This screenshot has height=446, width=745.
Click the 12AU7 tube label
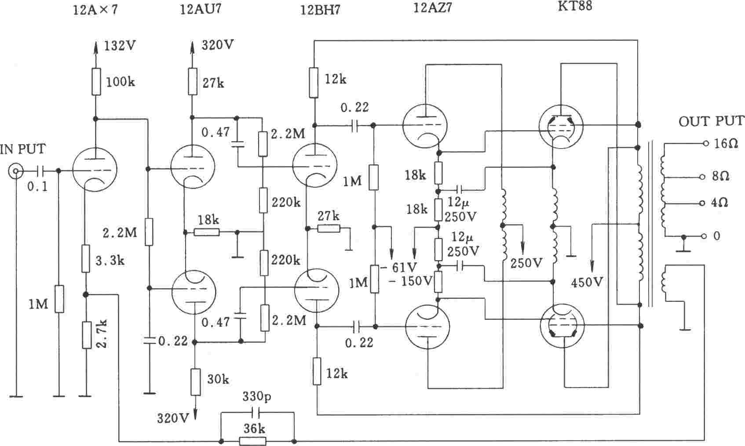click(x=201, y=9)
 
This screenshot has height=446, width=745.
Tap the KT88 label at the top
click(x=575, y=6)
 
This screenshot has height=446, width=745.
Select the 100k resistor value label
click(x=121, y=82)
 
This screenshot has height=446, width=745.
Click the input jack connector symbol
click(x=16, y=171)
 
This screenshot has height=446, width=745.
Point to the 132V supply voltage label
click(x=120, y=46)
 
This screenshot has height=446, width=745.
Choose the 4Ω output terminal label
click(x=720, y=203)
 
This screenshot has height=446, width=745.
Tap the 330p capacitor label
click(x=257, y=396)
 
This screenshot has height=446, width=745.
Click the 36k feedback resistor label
click(x=254, y=428)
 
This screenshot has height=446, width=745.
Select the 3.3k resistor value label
click(x=110, y=261)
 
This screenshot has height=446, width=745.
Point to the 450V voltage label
click(x=587, y=282)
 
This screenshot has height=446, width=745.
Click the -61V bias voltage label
click(x=399, y=267)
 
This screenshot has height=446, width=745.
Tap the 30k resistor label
click(x=218, y=379)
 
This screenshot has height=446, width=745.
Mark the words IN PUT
click(x=23, y=149)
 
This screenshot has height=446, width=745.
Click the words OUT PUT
click(x=711, y=121)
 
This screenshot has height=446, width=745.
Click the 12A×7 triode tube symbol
click(x=95, y=170)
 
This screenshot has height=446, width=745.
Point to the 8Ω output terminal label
click(x=720, y=176)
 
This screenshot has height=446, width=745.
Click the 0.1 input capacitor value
click(x=37, y=187)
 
